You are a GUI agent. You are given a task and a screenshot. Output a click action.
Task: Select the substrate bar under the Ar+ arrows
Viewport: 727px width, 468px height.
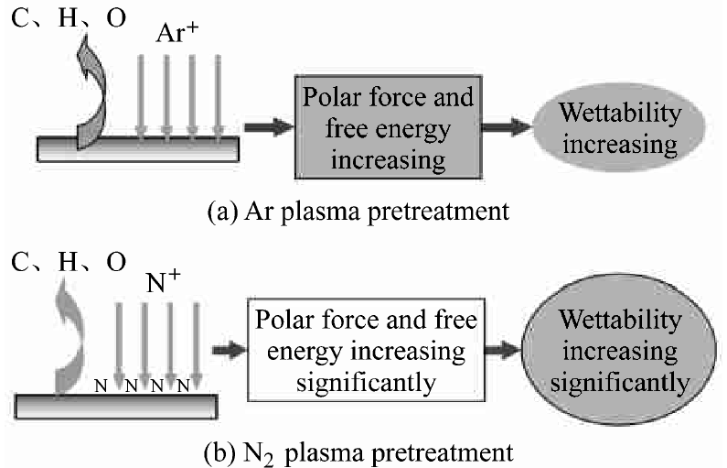click(137, 147)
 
